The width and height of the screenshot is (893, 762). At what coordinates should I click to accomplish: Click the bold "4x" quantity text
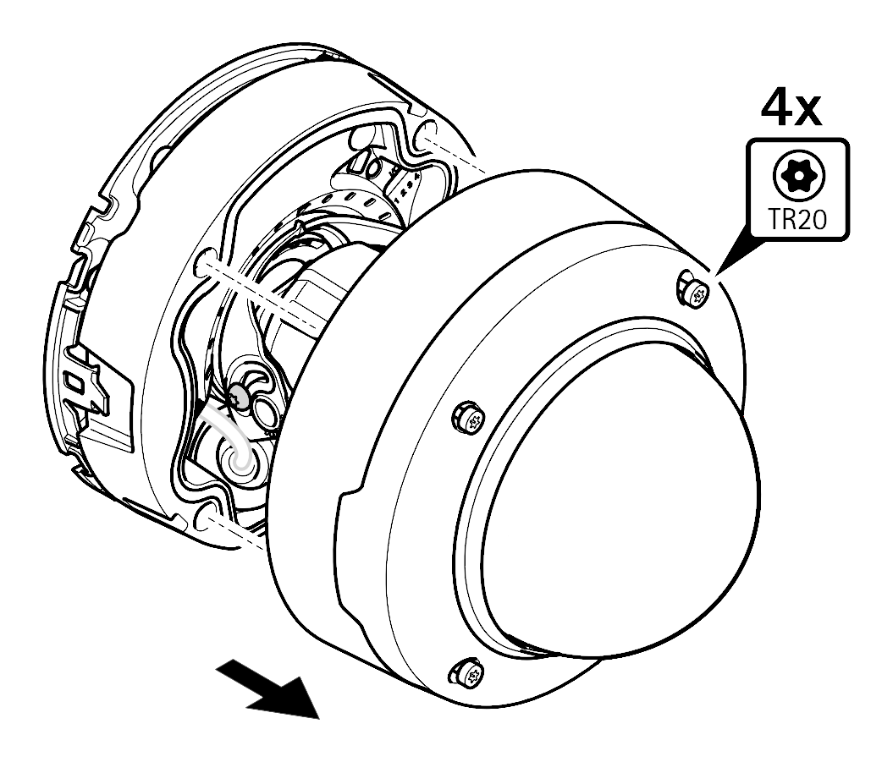792,110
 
